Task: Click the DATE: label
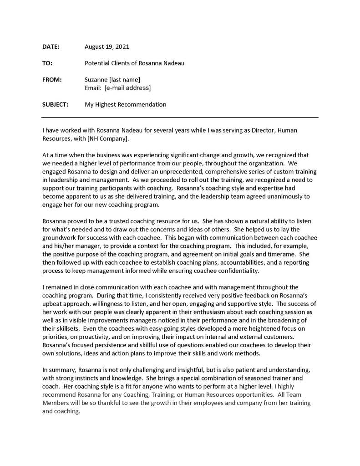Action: tap(51, 46)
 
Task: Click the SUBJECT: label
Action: tap(55, 104)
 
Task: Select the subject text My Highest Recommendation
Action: tap(125, 104)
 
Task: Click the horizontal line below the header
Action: tap(180, 118)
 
